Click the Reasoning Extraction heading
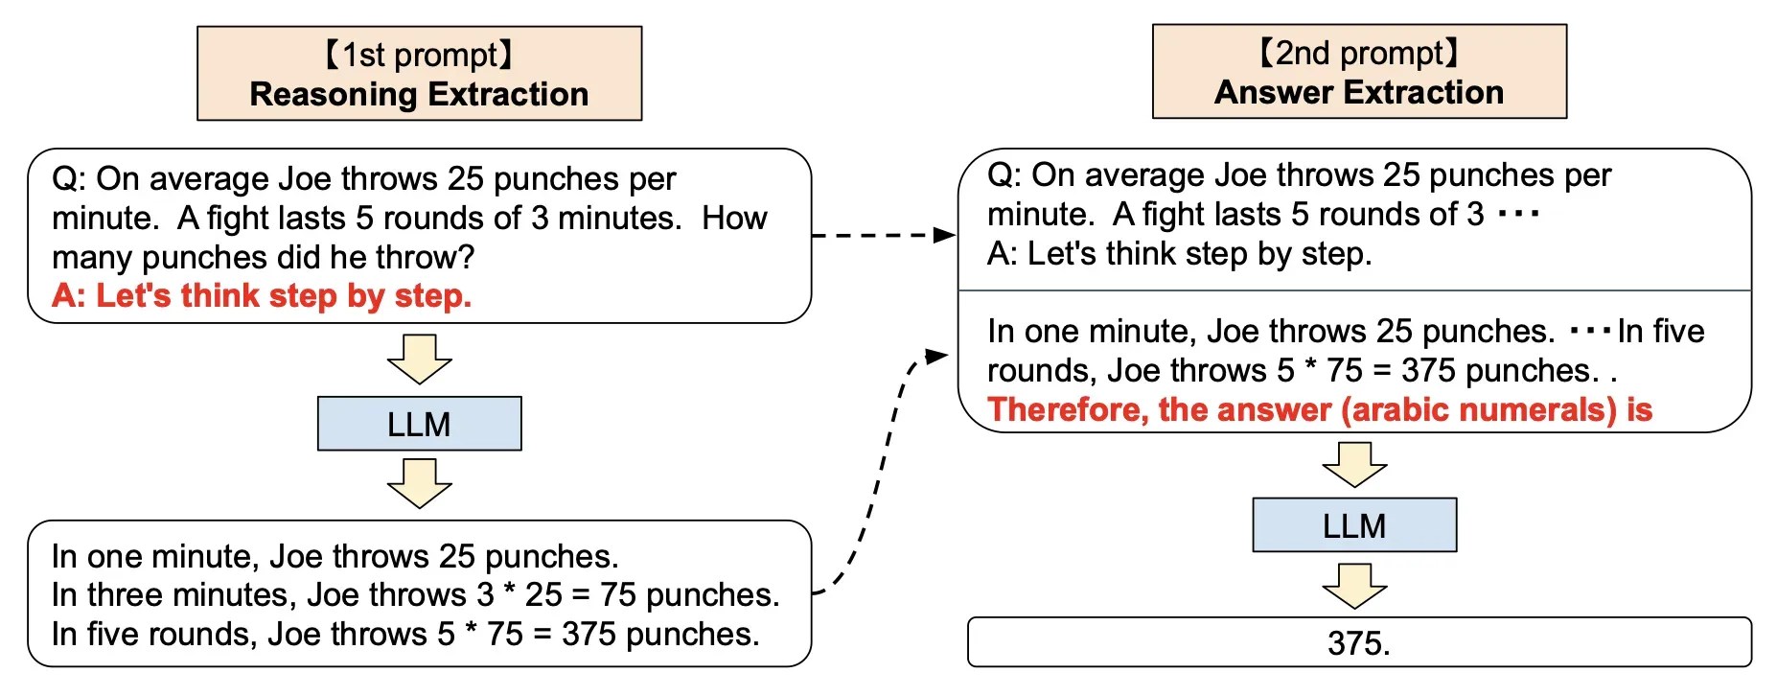(x=419, y=94)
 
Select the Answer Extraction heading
(x=1358, y=92)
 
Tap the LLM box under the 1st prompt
(x=419, y=424)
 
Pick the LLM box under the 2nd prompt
(x=1354, y=525)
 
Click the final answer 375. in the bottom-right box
(x=1358, y=642)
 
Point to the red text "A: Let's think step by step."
(x=262, y=295)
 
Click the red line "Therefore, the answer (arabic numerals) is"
(x=1320, y=409)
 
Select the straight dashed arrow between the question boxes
(x=882, y=235)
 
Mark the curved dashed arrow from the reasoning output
(x=882, y=470)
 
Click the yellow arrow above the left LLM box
(x=419, y=359)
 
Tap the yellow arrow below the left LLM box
(x=419, y=482)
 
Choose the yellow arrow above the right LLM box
(x=1354, y=464)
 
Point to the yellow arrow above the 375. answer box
(x=1354, y=585)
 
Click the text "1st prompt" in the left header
(x=419, y=55)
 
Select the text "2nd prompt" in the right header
(x=1358, y=53)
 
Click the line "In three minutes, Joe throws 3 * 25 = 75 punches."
(x=415, y=594)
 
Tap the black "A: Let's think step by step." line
(x=1179, y=253)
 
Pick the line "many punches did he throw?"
(x=264, y=257)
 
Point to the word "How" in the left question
(x=734, y=218)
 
